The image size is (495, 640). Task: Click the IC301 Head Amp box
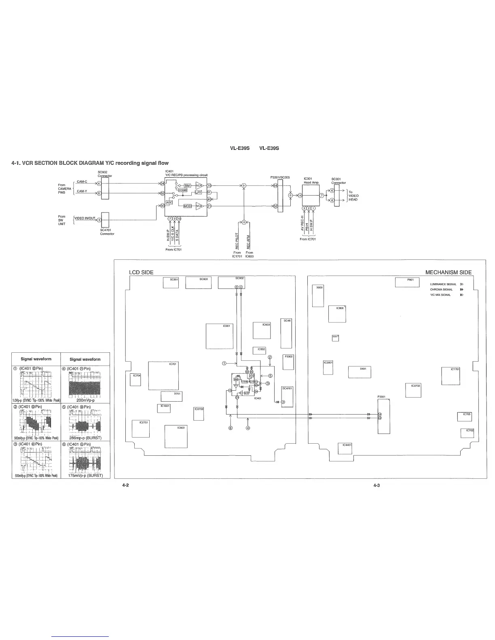click(x=311, y=195)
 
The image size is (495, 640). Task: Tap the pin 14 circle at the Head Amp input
click(x=300, y=196)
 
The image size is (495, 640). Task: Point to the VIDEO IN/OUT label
click(x=85, y=218)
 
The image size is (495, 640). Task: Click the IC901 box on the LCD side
click(x=220, y=336)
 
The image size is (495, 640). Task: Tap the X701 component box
click(x=171, y=396)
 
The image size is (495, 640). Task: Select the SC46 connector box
click(x=286, y=333)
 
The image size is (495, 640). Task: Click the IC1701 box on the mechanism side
click(x=451, y=376)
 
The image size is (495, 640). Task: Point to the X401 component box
click(x=360, y=372)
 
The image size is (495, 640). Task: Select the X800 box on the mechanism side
click(x=318, y=296)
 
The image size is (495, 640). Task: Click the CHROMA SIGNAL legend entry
click(x=441, y=289)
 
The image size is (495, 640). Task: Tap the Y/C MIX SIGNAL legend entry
click(x=440, y=295)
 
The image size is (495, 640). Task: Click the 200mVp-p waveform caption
click(x=85, y=400)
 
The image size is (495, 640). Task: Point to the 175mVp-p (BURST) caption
click(x=85, y=475)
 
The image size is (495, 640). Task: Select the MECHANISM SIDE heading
click(x=448, y=272)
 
